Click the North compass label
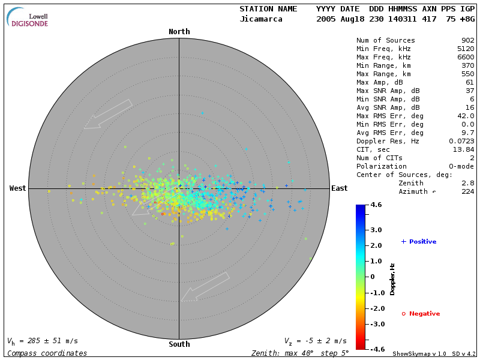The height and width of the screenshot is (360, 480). coord(179,32)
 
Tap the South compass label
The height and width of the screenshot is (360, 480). coord(179,344)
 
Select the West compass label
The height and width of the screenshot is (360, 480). coord(18,188)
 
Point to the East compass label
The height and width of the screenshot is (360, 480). coord(340,188)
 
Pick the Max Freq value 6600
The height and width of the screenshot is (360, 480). coord(466,58)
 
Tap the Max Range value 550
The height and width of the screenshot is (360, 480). coord(468,74)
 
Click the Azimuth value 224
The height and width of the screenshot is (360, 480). coord(468,191)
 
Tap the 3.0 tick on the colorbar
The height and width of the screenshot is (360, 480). coord(376,230)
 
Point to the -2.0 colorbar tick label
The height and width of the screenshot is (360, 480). coord(376,308)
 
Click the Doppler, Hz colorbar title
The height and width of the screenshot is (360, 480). coord(392,279)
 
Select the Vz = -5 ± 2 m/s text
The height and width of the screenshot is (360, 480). coord(315,341)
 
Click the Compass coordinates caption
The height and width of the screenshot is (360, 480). coord(47,353)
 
